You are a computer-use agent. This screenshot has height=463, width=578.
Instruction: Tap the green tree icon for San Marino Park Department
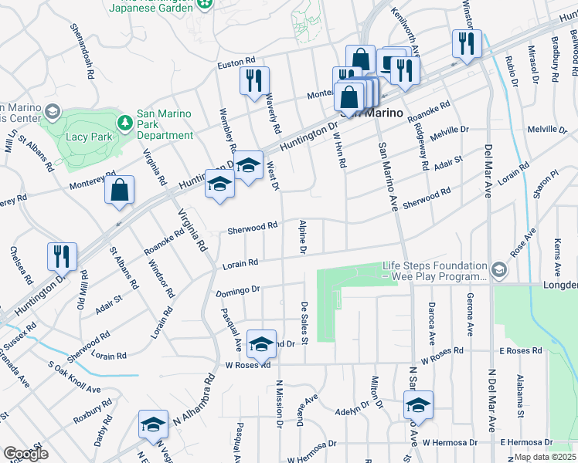coord(124,123)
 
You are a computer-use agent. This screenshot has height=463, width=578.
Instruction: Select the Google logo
coord(25,454)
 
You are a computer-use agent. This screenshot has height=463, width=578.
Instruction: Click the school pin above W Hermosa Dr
coord(418,405)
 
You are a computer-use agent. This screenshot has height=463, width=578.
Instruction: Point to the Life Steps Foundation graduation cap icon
coord(499,269)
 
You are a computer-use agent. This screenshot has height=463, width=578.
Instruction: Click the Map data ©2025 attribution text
coord(545,456)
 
